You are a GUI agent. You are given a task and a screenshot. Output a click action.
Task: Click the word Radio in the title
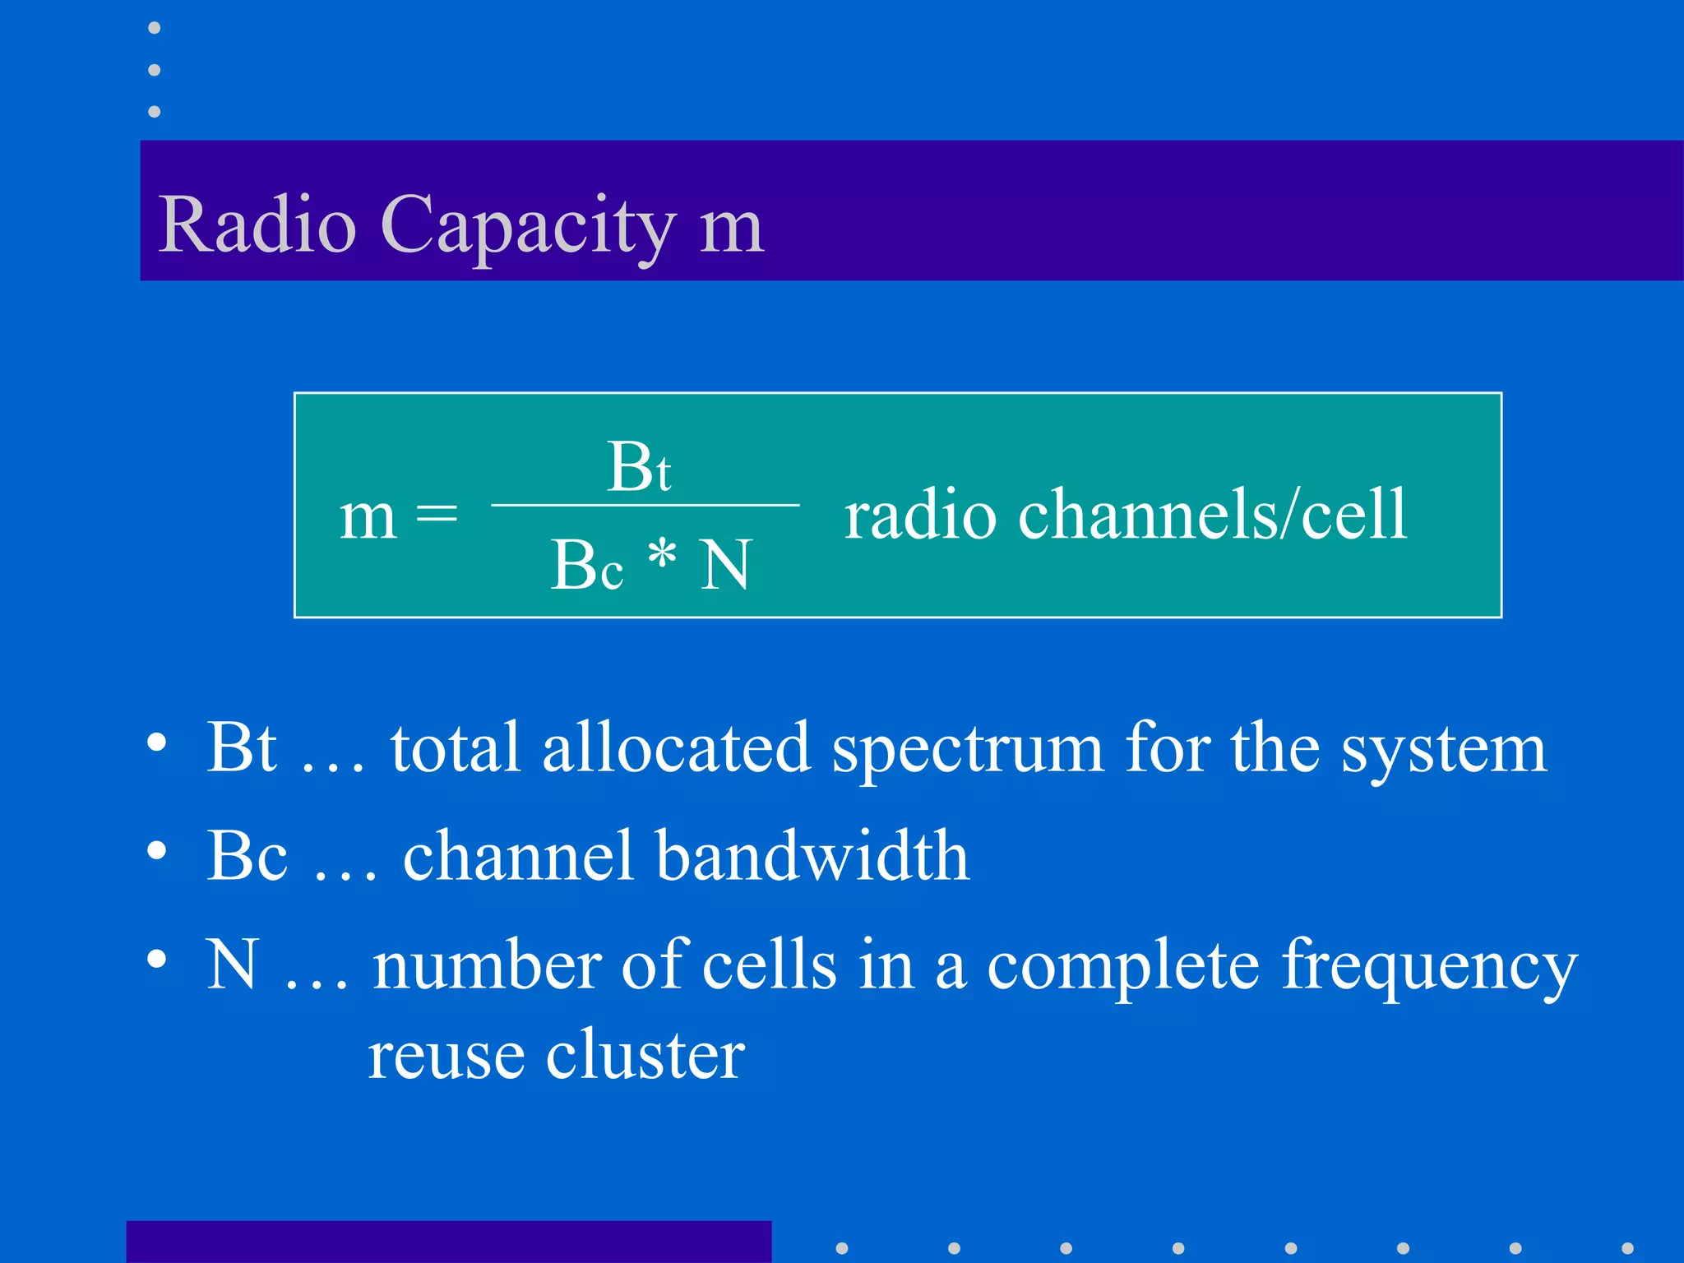(x=257, y=224)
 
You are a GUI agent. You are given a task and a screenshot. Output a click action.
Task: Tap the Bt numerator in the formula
(x=639, y=467)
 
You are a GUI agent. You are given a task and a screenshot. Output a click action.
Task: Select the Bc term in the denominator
(x=586, y=565)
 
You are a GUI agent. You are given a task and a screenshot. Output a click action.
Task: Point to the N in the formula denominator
(x=725, y=565)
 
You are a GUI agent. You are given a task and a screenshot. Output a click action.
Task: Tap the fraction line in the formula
(x=645, y=505)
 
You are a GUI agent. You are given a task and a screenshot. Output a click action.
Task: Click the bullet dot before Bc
(x=157, y=850)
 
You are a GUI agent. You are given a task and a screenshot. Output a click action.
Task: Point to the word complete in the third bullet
(x=1122, y=965)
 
